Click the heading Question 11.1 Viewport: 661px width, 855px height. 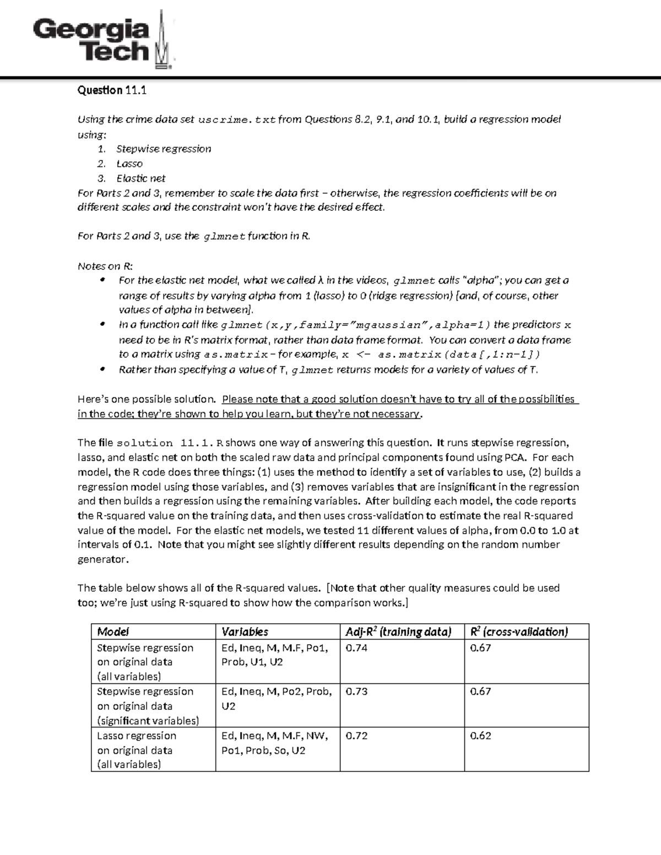tap(112, 90)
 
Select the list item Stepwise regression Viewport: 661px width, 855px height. tap(163, 149)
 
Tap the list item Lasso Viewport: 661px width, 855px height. tap(129, 164)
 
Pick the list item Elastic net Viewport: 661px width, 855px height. tap(140, 178)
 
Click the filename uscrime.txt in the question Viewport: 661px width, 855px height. tap(236, 120)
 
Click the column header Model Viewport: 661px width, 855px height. tap(113, 631)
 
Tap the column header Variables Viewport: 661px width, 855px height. tap(245, 631)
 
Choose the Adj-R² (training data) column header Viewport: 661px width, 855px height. tap(398, 631)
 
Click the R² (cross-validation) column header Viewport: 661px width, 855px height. tap(518, 631)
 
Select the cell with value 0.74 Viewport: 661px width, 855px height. tap(356, 648)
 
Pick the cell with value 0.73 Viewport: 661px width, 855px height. tap(356, 691)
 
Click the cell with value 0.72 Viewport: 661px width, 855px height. tap(356, 736)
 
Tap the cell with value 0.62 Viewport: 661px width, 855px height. tap(480, 736)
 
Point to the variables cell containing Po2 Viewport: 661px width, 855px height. tap(277, 699)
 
